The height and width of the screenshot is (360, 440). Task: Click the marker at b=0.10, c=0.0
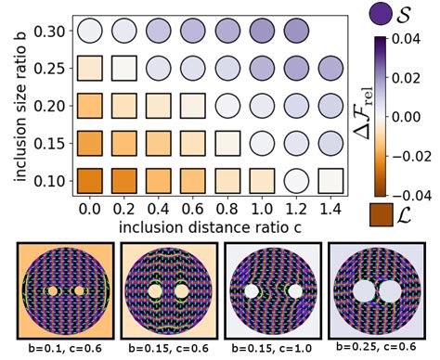click(89, 178)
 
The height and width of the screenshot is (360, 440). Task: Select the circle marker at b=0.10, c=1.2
click(295, 178)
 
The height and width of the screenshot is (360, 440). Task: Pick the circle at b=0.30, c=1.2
click(295, 32)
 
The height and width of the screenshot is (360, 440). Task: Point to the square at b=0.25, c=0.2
click(123, 69)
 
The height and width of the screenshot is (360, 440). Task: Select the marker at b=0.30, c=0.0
click(89, 32)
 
